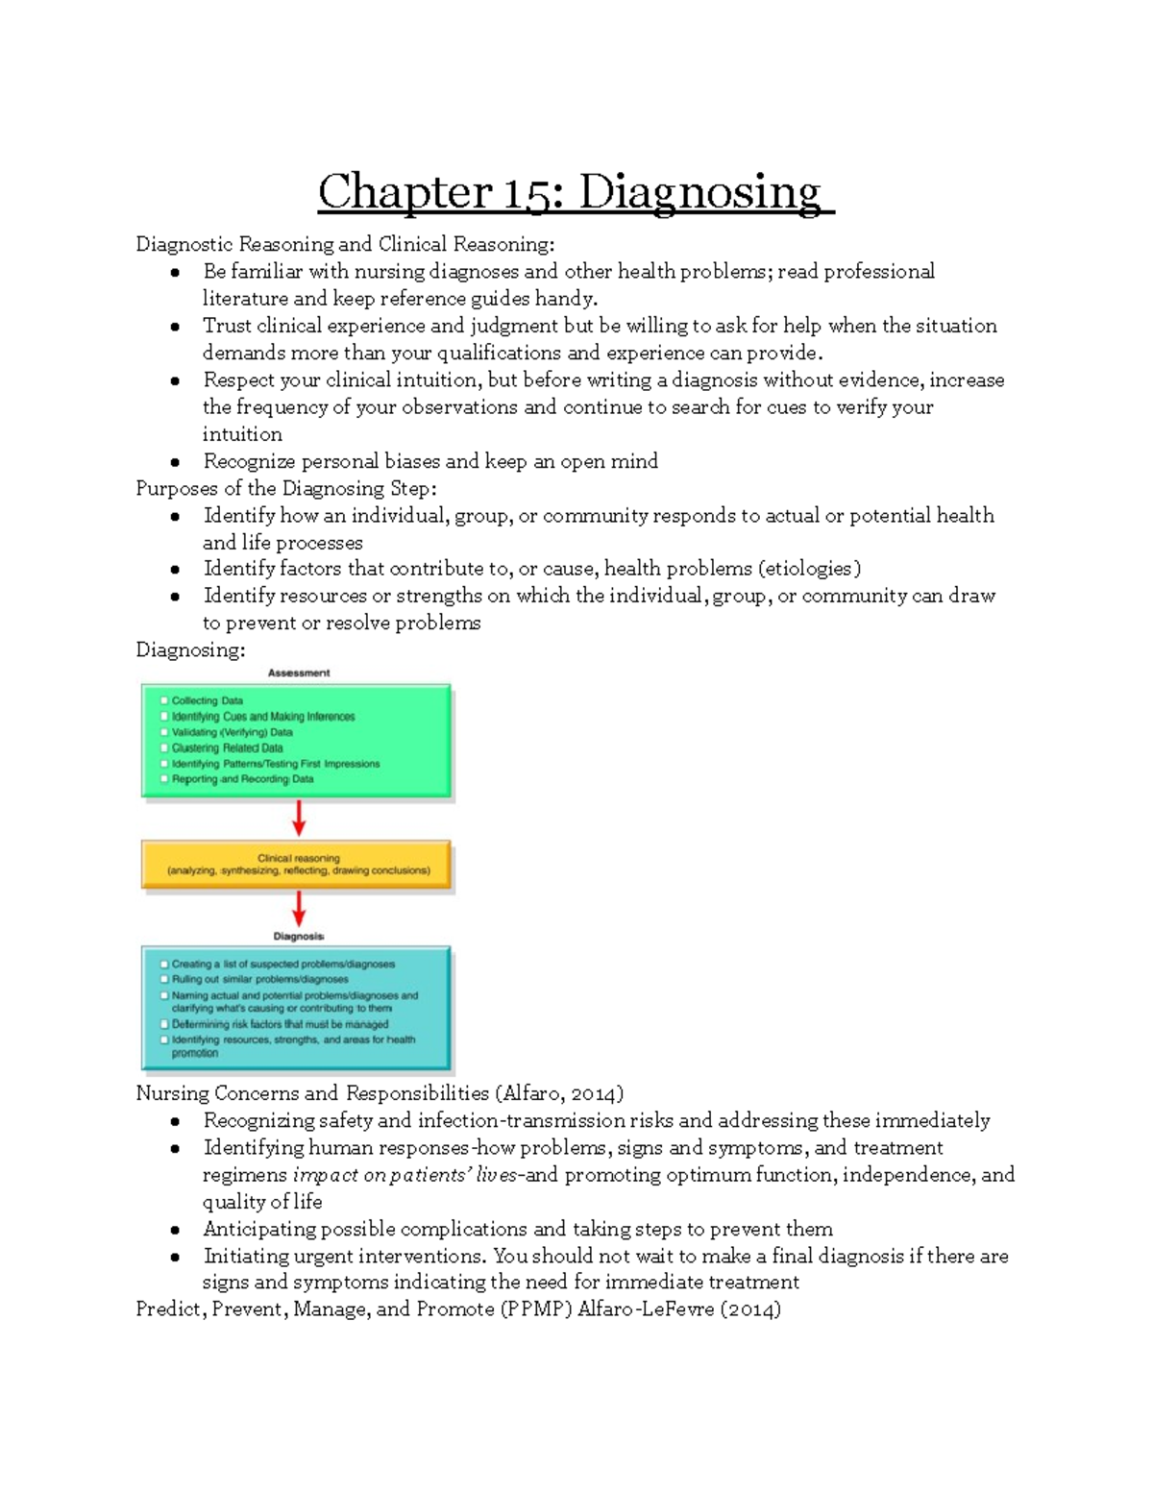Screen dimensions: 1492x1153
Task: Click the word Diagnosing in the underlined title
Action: pyautogui.click(x=699, y=192)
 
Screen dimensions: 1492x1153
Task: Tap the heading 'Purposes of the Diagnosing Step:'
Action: pyautogui.click(x=285, y=488)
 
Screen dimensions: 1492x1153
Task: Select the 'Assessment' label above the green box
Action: pyautogui.click(x=298, y=673)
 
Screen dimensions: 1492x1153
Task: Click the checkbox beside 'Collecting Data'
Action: pyautogui.click(x=164, y=701)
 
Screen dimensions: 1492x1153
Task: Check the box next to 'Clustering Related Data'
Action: pyautogui.click(x=164, y=748)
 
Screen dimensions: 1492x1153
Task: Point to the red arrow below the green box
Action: pyautogui.click(x=299, y=819)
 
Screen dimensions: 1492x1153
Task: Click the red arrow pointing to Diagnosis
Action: pyautogui.click(x=299, y=908)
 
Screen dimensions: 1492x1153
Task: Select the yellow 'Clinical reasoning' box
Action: pyautogui.click(x=297, y=865)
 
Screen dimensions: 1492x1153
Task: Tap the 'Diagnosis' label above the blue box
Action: pyautogui.click(x=298, y=936)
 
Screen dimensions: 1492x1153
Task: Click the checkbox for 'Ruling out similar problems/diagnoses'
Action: pyautogui.click(x=164, y=980)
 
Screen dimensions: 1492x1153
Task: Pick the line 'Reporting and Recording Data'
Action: pyautogui.click(x=242, y=779)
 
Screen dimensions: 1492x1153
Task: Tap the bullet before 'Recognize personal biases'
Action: pyautogui.click(x=175, y=462)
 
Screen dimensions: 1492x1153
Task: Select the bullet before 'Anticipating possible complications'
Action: pyautogui.click(x=175, y=1230)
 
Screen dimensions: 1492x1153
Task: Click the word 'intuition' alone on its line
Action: pyautogui.click(x=242, y=434)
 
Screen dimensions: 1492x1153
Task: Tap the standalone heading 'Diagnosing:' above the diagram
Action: pyautogui.click(x=190, y=650)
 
